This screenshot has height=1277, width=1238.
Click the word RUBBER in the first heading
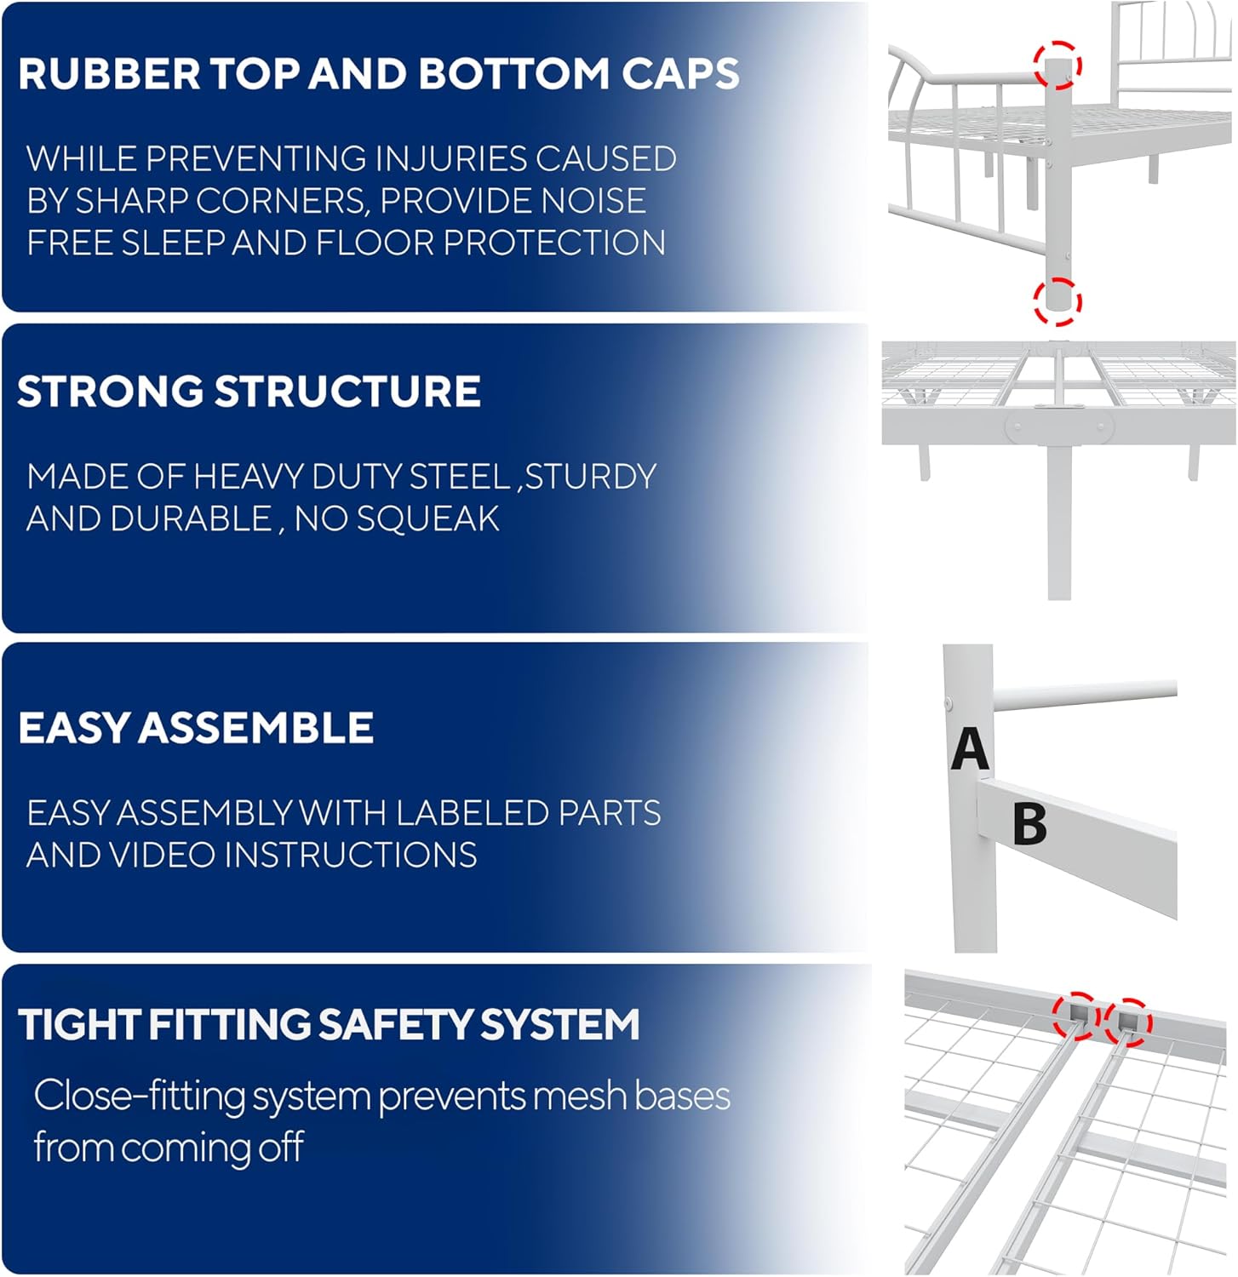(x=109, y=73)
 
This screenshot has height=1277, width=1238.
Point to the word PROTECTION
(x=554, y=243)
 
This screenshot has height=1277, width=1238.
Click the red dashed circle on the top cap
(x=1057, y=66)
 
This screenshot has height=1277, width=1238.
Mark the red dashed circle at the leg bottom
(x=1057, y=301)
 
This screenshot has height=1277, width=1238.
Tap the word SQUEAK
(x=427, y=519)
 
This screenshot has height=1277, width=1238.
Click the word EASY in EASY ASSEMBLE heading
(x=74, y=729)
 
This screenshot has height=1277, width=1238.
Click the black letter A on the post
(x=970, y=749)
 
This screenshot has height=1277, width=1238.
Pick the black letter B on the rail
(x=1030, y=824)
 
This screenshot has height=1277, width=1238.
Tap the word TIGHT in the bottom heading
(x=78, y=1024)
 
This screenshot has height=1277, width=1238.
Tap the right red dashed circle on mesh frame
(x=1128, y=1020)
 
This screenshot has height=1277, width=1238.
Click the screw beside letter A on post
(x=949, y=704)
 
